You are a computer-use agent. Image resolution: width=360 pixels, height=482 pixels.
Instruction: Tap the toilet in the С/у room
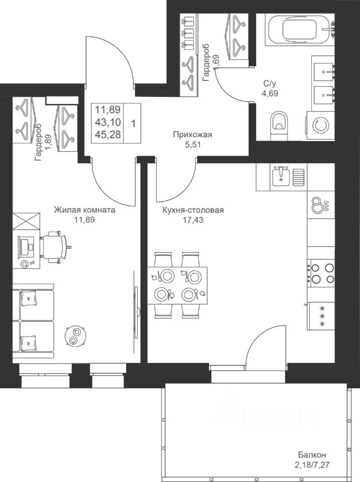coord(280,125)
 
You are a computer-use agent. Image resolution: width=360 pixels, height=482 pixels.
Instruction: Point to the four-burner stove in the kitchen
coord(321,273)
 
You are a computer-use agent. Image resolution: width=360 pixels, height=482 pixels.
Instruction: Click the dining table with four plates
coord(177,285)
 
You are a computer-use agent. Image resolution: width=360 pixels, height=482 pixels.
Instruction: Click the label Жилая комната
coord(84,210)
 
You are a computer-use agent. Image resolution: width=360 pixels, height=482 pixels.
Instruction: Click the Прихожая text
coord(193,135)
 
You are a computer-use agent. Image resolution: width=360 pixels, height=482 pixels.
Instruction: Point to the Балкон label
coord(312,455)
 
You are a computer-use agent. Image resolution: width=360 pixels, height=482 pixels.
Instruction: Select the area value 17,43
coord(193,220)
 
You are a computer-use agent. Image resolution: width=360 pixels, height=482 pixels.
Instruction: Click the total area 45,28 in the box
coord(107,135)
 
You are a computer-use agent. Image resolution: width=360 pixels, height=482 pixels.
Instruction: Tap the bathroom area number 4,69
coord(270,93)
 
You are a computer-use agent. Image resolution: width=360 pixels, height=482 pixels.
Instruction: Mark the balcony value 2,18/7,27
coord(312,465)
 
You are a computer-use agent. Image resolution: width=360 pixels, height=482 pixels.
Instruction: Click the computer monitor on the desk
coord(25,246)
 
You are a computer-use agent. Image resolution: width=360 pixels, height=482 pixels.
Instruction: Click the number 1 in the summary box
coord(133,124)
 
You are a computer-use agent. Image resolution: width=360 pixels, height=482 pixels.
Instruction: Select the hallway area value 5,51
coord(193,144)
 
